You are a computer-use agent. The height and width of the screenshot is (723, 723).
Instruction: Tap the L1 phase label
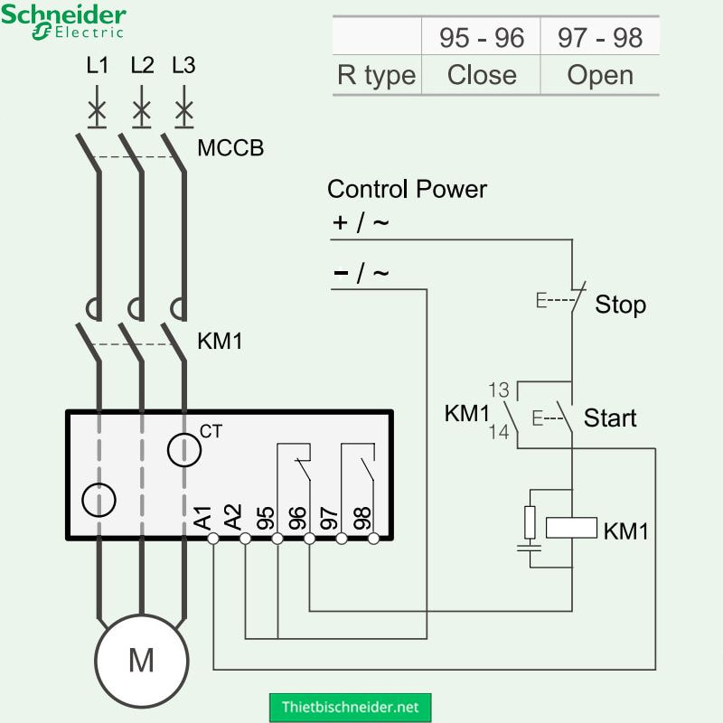[x=97, y=66]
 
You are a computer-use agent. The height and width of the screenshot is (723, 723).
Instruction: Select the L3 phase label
[x=183, y=66]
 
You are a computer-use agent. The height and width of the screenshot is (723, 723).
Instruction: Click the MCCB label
[x=230, y=148]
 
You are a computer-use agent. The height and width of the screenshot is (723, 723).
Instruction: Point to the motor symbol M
[x=141, y=661]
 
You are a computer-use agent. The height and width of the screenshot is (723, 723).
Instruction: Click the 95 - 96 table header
[x=481, y=37]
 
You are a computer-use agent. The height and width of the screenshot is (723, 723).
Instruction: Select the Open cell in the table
[x=599, y=75]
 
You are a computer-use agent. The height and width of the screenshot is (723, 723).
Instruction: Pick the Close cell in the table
[x=481, y=75]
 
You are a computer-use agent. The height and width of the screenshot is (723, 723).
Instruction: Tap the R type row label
[x=376, y=75]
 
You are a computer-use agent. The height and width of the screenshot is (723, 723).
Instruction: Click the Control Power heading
[x=407, y=189]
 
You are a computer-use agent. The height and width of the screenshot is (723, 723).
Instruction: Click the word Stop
[x=620, y=305]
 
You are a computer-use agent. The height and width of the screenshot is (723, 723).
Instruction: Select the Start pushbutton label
[x=610, y=418]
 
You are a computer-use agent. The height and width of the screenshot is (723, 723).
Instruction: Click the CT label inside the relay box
[x=211, y=432]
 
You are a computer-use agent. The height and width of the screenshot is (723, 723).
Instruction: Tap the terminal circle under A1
[x=213, y=539]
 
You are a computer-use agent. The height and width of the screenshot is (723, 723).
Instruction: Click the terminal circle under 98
[x=373, y=539]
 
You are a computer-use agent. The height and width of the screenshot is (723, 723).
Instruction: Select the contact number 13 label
[x=499, y=390]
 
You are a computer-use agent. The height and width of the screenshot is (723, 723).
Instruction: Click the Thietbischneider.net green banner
[x=351, y=706]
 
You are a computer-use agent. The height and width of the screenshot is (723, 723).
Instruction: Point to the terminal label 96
[x=297, y=518]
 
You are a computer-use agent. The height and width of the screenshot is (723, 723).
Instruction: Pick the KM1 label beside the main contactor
[x=220, y=343]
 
